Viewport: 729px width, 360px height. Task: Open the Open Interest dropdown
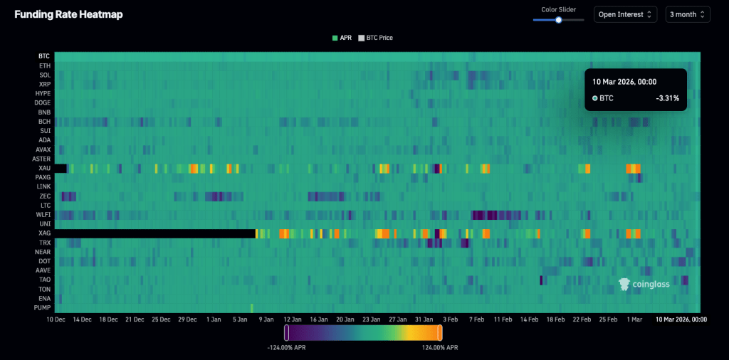pos(625,14)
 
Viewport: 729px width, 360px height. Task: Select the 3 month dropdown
pos(687,14)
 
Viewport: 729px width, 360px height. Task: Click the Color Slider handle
pos(559,20)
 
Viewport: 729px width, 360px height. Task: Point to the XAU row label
pos(44,168)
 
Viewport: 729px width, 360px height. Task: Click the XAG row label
pos(44,233)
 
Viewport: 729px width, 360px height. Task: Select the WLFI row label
pos(43,214)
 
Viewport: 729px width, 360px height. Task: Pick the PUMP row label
pos(43,307)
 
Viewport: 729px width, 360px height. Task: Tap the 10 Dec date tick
pos(58,320)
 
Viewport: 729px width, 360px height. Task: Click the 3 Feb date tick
pos(450,320)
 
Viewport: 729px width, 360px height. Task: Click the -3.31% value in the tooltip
pos(667,98)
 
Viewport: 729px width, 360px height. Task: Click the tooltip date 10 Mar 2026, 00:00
pos(624,82)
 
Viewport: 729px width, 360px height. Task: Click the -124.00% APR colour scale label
pos(287,348)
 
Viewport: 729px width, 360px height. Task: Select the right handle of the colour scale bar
pos(440,332)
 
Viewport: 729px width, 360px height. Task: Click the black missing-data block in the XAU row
pos(61,169)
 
